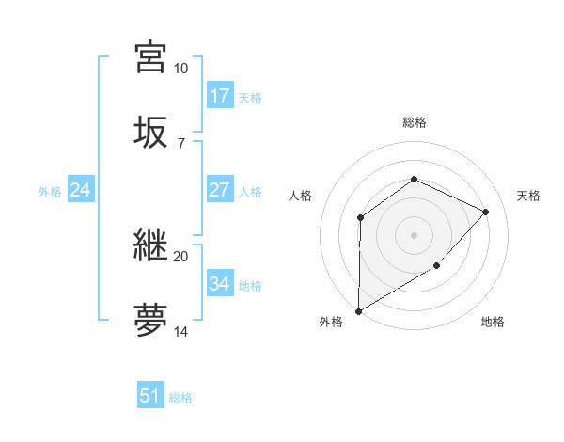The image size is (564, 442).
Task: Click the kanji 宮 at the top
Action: (x=151, y=57)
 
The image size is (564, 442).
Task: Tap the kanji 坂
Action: (x=151, y=132)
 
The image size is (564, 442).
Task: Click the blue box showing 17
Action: (x=219, y=96)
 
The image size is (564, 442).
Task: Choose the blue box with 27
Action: (x=219, y=190)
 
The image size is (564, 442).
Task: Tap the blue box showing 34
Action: (x=219, y=284)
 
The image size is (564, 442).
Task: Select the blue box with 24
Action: (x=80, y=191)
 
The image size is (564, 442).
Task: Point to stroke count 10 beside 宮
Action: (x=180, y=69)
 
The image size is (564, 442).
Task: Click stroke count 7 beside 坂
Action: (x=180, y=143)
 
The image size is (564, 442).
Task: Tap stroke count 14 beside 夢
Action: (x=180, y=332)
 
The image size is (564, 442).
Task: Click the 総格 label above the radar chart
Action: (x=414, y=122)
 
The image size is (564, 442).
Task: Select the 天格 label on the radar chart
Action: (x=528, y=196)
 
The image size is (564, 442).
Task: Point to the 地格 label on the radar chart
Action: (x=493, y=323)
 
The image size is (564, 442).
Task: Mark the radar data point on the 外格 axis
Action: (x=358, y=310)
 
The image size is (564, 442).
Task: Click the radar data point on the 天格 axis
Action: (x=485, y=212)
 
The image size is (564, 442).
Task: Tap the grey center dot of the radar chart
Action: (x=414, y=235)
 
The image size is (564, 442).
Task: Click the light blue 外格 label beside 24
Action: (x=50, y=192)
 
